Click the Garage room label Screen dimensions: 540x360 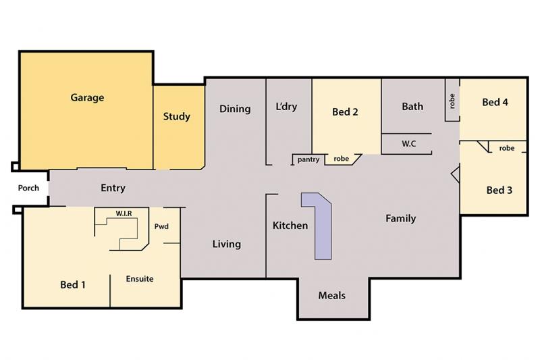tap(87, 98)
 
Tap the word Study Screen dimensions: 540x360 tap(177, 116)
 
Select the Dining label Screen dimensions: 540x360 tap(235, 109)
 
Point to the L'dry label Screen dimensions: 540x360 tap(286, 107)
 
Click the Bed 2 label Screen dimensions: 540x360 tap(345, 111)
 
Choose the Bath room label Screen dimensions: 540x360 tap(412, 107)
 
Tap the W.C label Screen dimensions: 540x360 tap(409, 144)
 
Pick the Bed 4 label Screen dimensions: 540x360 tap(495, 102)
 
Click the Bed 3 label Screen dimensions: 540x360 tap(499, 190)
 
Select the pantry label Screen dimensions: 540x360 tap(308, 159)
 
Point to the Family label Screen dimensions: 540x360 tap(400, 218)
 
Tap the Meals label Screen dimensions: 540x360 tap(331, 295)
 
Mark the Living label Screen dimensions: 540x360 tap(226, 245)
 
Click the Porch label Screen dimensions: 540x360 tap(28, 188)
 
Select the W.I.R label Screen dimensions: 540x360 tap(124, 213)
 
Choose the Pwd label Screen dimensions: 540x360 tap(161, 226)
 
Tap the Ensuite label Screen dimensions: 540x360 tap(140, 279)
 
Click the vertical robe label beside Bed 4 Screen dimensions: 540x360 tap(452, 101)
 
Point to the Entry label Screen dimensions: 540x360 tap(113, 188)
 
